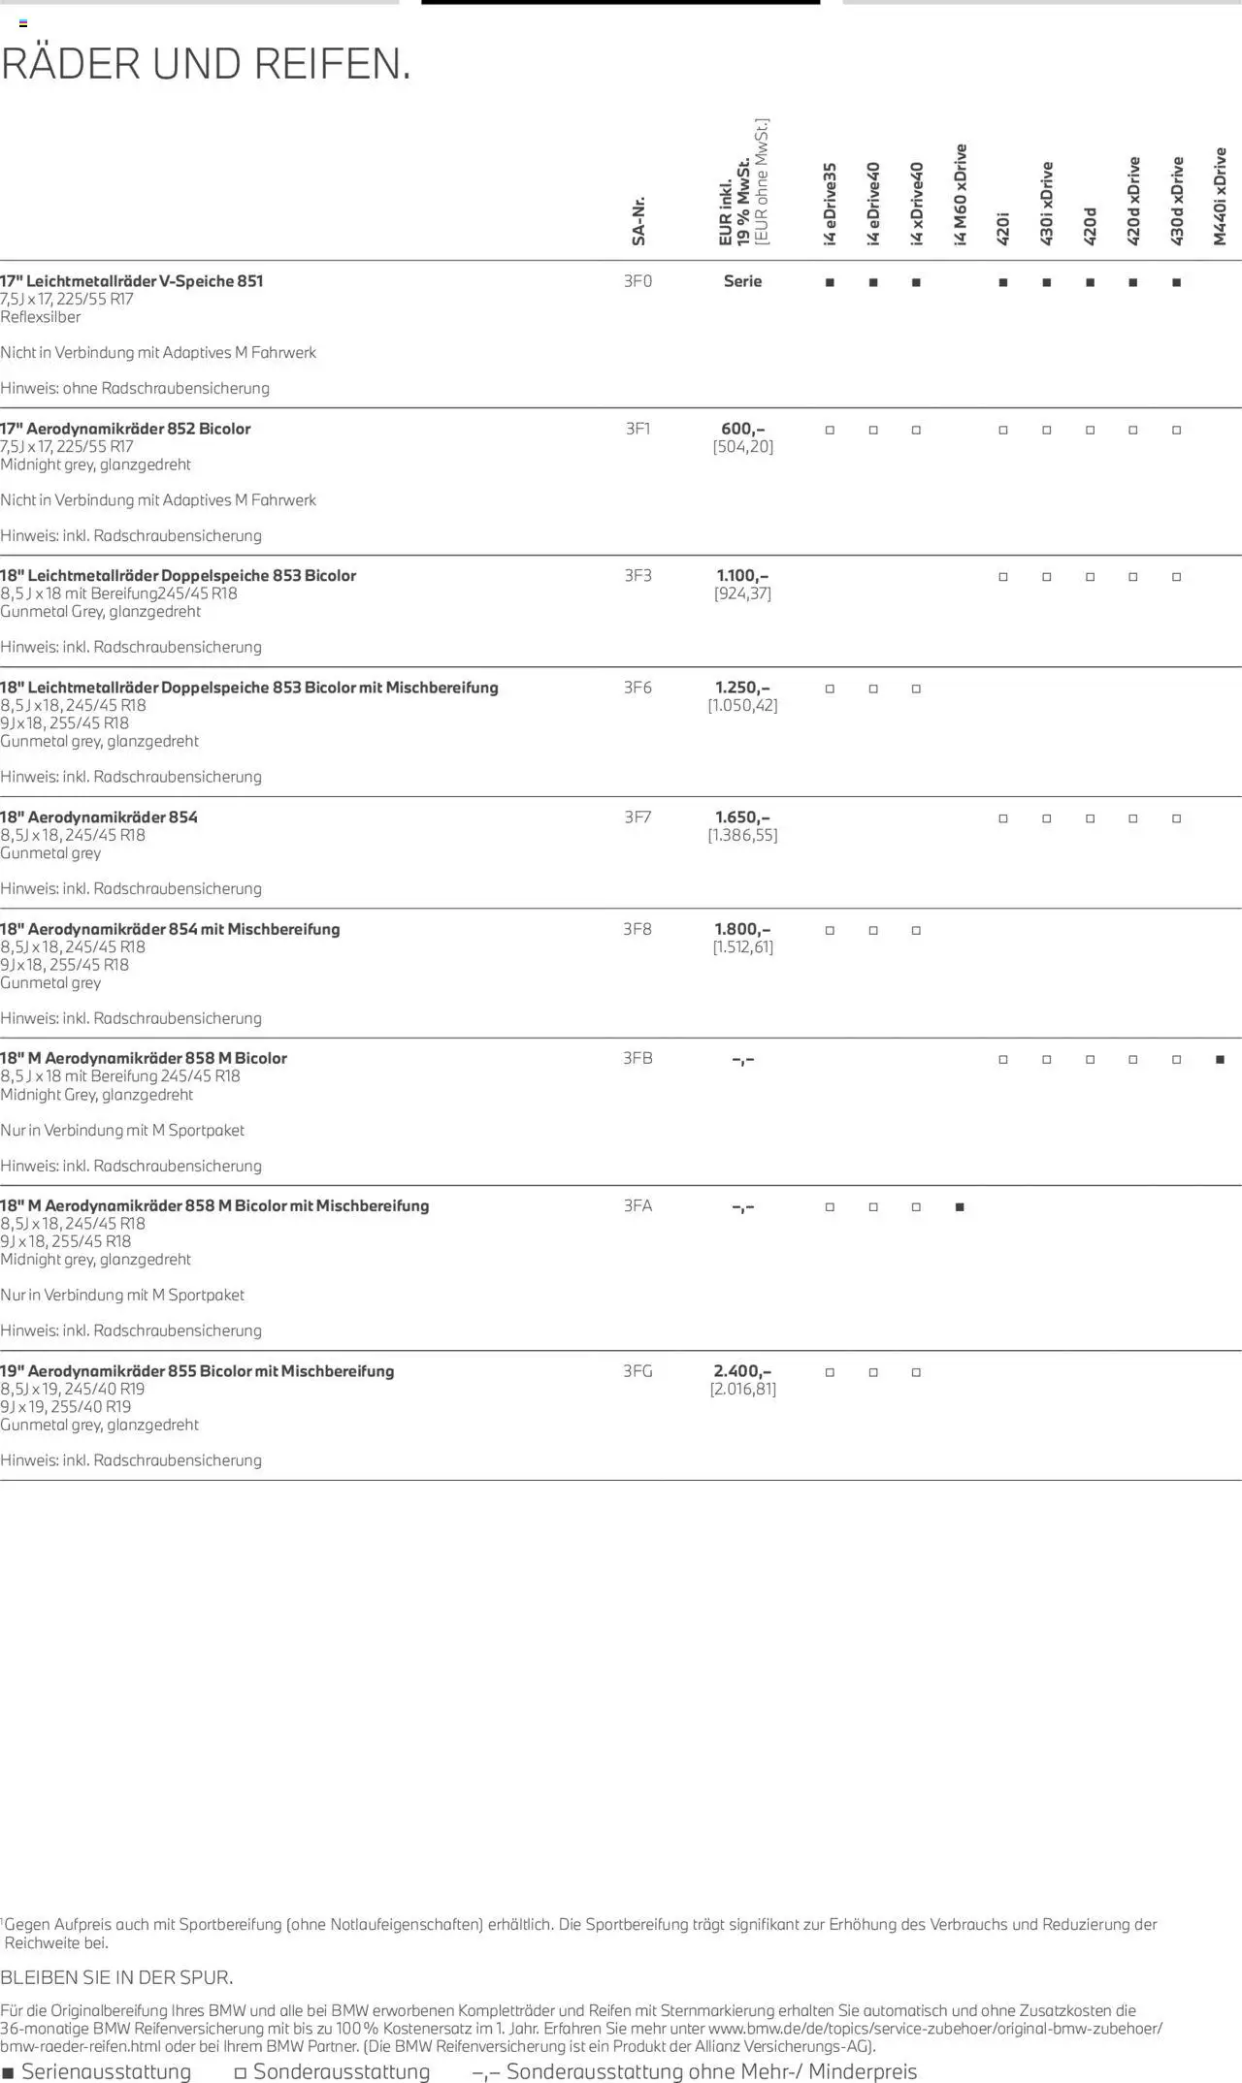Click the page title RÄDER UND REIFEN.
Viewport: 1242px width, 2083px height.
pos(206,64)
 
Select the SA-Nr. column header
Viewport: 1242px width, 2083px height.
pos(638,221)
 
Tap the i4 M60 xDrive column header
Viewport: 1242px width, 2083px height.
pos(961,194)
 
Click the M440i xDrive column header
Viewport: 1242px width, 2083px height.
pos(1220,196)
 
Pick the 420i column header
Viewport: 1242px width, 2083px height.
pos(1003,228)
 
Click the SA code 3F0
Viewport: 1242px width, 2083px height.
pos(637,281)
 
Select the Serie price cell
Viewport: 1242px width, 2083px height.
pos(742,281)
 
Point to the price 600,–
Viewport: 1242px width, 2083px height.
pos(742,429)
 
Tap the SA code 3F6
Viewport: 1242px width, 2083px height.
pos(637,688)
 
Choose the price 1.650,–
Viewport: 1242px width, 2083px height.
pos(742,817)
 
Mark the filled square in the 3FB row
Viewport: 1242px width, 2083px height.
pos(1220,1060)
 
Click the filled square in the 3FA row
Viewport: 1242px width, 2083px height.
pos(960,1207)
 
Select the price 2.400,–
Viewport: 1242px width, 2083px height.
pos(742,1371)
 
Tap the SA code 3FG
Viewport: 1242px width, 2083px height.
pos(637,1371)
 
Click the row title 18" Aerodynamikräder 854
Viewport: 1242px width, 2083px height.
pos(99,817)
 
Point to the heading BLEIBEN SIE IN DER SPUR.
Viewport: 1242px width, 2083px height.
pos(116,1977)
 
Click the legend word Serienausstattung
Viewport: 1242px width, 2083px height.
pos(106,2071)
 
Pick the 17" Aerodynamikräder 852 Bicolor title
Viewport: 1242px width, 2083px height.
pos(125,429)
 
